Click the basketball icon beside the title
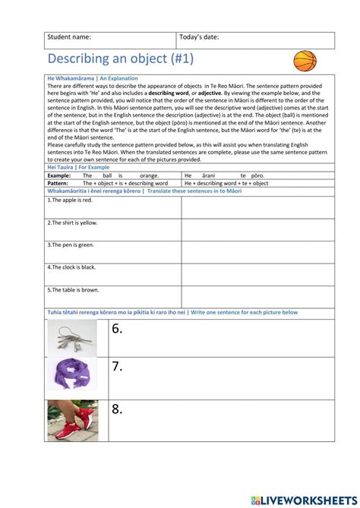pyautogui.click(x=305, y=61)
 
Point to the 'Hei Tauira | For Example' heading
pyautogui.click(x=78, y=167)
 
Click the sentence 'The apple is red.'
pyautogui.click(x=70, y=200)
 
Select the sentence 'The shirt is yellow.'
pyautogui.click(x=72, y=222)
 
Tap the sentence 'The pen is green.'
pyautogui.click(x=71, y=245)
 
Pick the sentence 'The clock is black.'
pyautogui.click(x=72, y=267)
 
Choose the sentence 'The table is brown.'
pyautogui.click(x=73, y=289)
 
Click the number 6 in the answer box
pyautogui.click(x=117, y=329)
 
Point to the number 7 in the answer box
pyautogui.click(x=117, y=368)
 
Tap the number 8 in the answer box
pyautogui.click(x=117, y=410)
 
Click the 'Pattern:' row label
pyautogui.click(x=58, y=183)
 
